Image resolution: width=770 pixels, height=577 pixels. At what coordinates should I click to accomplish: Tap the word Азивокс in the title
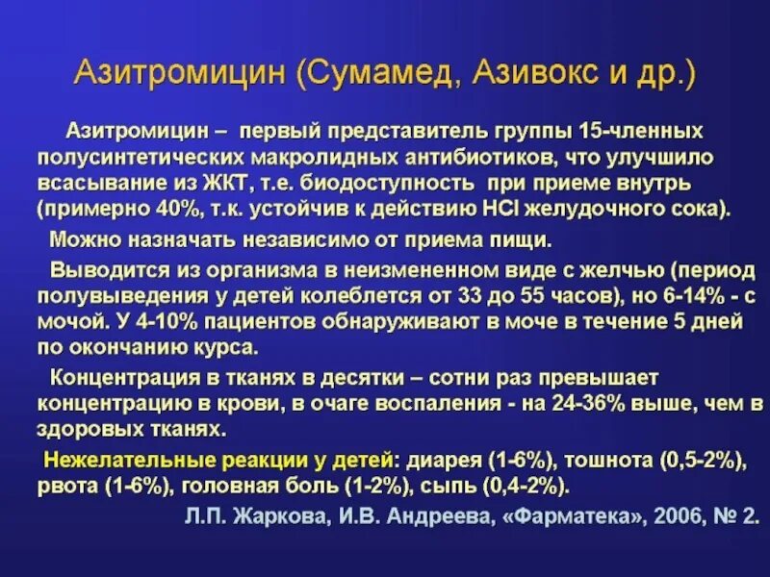(x=527, y=74)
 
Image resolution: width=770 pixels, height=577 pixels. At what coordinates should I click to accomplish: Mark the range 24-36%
(x=565, y=402)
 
